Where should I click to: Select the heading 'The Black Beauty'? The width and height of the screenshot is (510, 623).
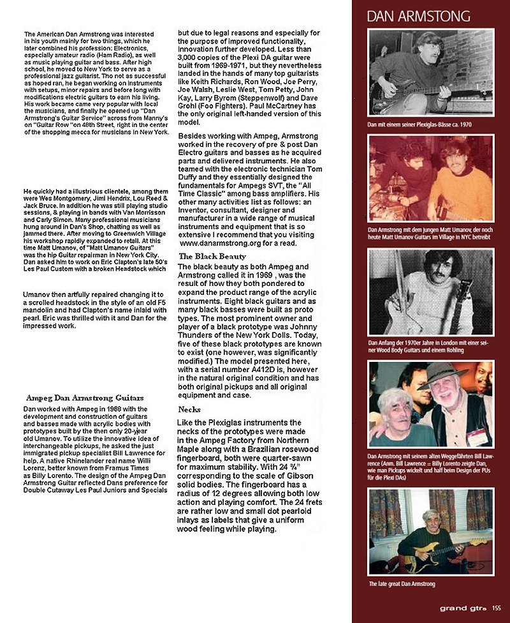[x=212, y=256]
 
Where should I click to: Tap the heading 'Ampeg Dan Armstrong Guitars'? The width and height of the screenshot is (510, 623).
[x=84, y=398]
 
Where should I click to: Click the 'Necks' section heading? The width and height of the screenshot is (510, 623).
[x=189, y=409]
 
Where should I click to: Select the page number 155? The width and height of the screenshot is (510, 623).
[x=497, y=608]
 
